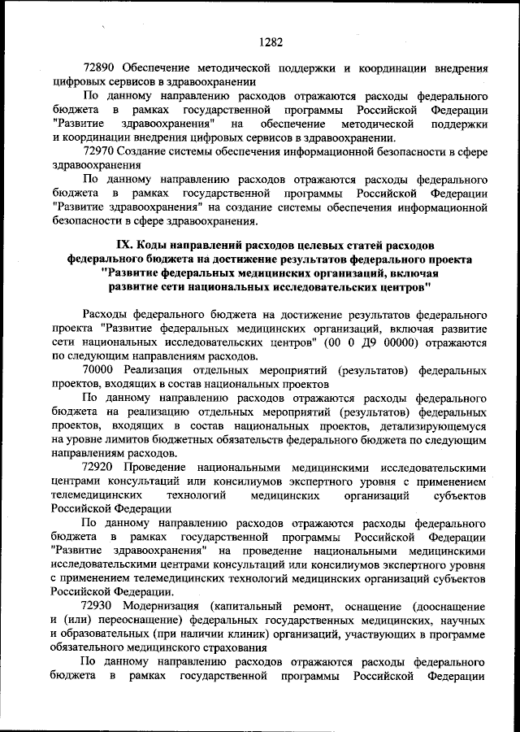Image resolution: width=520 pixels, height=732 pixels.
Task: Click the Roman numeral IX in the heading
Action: tap(126, 244)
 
